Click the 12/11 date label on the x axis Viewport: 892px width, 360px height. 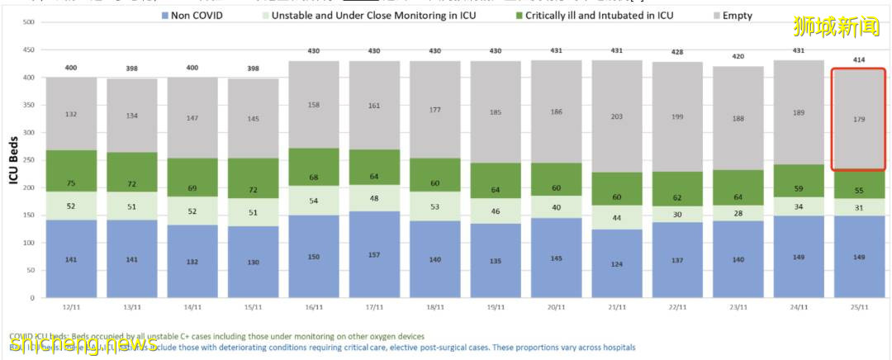(71, 307)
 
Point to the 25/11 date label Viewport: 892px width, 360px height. (859, 307)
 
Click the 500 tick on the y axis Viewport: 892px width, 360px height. (28, 22)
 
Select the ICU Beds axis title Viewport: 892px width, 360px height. (13, 160)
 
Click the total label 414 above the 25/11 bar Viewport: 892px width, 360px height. (859, 60)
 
